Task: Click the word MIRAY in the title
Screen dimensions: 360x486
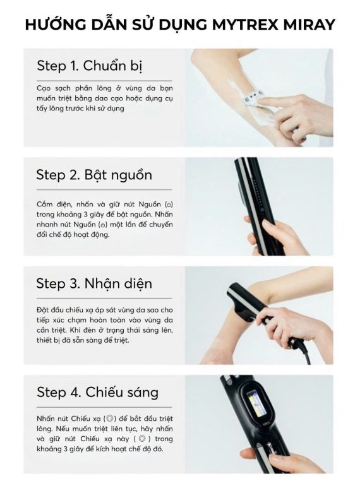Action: point(309,25)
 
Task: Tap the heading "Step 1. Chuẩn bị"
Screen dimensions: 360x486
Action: point(90,66)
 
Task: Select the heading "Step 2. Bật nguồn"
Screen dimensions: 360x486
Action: point(94,175)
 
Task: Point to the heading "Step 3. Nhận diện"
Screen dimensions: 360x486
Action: point(94,283)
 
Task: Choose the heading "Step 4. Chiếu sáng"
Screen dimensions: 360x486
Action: point(98,392)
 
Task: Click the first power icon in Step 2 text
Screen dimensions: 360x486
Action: point(169,204)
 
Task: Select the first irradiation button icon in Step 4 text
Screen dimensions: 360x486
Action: point(109,418)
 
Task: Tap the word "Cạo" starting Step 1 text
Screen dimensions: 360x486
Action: point(44,88)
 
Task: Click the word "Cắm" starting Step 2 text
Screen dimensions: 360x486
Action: point(44,204)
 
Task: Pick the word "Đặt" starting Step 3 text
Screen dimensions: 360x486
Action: point(42,310)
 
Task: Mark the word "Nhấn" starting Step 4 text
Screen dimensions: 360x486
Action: point(45,418)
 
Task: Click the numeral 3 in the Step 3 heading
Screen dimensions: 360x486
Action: point(75,284)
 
